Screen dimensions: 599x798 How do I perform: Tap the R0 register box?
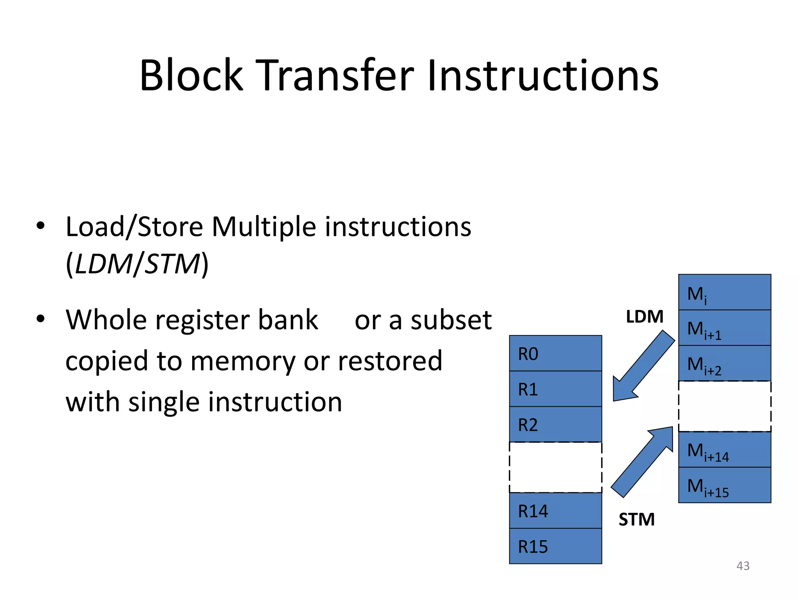pyautogui.click(x=555, y=353)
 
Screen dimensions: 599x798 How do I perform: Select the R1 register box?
pyautogui.click(x=555, y=389)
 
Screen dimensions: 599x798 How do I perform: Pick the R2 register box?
pyautogui.click(x=555, y=424)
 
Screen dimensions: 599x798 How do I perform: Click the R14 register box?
pyautogui.click(x=555, y=510)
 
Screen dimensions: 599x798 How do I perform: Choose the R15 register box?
pyautogui.click(x=555, y=546)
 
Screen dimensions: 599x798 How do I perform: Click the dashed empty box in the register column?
pyautogui.click(x=555, y=467)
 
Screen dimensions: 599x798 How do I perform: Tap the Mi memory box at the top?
pyautogui.click(x=724, y=292)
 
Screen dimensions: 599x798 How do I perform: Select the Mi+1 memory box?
pyautogui.click(x=724, y=328)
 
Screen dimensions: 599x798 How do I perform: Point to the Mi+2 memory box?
pyautogui.click(x=724, y=363)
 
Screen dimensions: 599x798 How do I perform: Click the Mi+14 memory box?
pyautogui.click(x=724, y=450)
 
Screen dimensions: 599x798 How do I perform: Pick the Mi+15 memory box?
pyautogui.click(x=724, y=485)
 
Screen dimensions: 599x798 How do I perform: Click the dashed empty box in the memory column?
pyautogui.click(x=724, y=406)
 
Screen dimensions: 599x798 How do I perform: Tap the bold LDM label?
pyautogui.click(x=644, y=317)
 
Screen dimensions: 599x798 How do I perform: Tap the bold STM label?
pyautogui.click(x=637, y=519)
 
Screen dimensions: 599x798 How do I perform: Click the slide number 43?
pyautogui.click(x=743, y=565)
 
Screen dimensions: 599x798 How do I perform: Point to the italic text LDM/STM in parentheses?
pyautogui.click(x=137, y=264)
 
